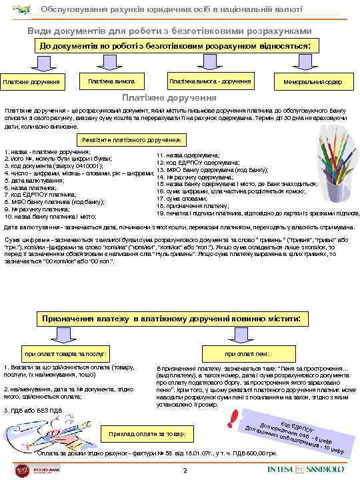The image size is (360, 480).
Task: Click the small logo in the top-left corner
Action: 15,9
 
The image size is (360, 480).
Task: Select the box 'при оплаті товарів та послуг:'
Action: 66,352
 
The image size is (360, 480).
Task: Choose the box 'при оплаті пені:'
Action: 248,352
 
